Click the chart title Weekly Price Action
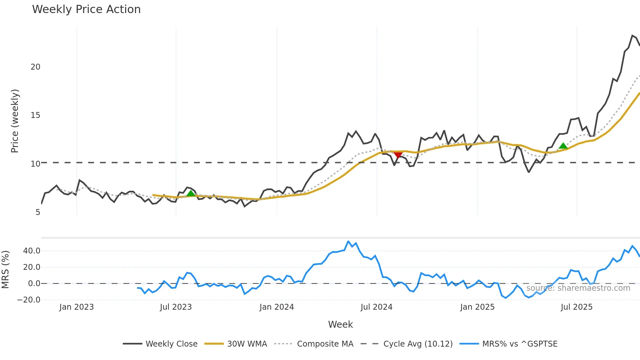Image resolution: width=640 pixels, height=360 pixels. pos(86,9)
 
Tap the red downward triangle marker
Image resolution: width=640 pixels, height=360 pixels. pos(398,155)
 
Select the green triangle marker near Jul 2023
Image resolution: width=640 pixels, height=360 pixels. pos(191,193)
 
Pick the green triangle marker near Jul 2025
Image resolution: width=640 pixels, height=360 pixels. pos(563,146)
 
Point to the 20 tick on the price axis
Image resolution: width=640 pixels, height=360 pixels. pos(35,67)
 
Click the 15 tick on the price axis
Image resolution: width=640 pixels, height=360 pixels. pos(35,115)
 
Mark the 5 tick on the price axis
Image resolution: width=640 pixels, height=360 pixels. pos(38,212)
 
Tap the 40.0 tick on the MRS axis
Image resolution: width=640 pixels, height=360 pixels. pos(32,251)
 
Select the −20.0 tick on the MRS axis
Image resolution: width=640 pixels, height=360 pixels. pos(29,300)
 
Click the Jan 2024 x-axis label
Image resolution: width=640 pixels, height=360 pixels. pos(277,307)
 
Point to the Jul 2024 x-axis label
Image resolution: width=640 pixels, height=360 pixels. pos(376,307)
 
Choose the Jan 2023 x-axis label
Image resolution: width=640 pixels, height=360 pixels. pos(76,307)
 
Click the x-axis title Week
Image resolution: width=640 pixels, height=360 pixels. pos(340,324)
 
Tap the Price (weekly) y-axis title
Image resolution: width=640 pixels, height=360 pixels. pos(15,121)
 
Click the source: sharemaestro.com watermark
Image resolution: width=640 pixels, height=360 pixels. pos(578,288)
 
